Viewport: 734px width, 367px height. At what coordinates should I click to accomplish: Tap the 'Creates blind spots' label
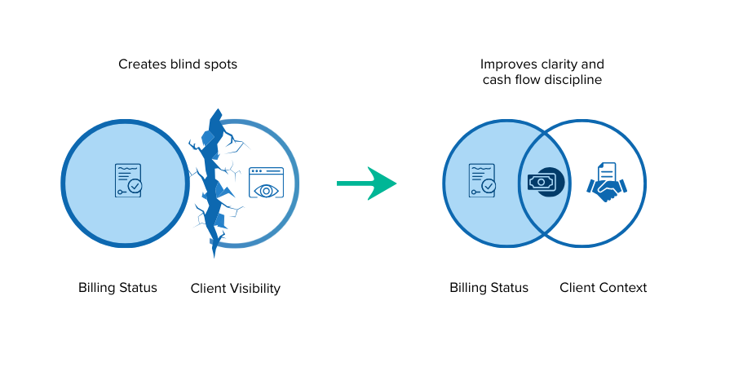pos(178,64)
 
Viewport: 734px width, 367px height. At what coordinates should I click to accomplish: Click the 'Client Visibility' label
pos(235,288)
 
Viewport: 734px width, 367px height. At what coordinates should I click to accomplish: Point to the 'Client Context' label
pos(603,287)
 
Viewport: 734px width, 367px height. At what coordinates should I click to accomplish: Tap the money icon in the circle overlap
pos(541,182)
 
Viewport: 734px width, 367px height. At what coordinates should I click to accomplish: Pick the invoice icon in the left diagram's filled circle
pos(128,181)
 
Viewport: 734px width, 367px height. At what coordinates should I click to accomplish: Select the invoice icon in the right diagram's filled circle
pos(482,181)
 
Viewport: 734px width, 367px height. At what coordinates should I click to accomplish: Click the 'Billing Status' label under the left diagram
pos(117,287)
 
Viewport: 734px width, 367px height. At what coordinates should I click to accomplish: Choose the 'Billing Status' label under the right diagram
pos(489,287)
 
